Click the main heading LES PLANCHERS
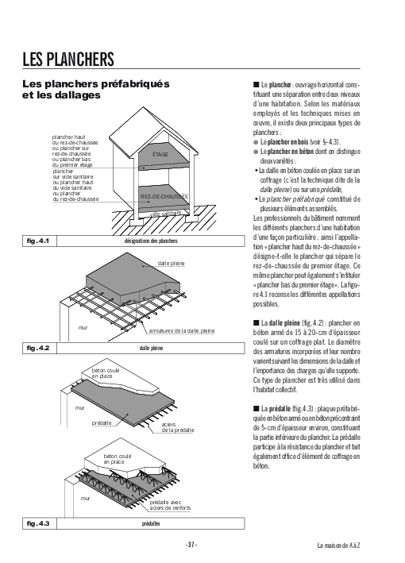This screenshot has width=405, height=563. pyautogui.click(x=68, y=60)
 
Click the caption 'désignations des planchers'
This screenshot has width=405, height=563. pyautogui.click(x=151, y=241)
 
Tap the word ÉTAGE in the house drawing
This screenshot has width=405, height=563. pyautogui.click(x=160, y=154)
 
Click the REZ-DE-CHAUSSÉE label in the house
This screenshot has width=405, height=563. pyautogui.click(x=164, y=196)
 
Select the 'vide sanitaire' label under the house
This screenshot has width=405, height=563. pyautogui.click(x=165, y=214)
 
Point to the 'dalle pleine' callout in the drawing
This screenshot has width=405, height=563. pyautogui.click(x=172, y=263)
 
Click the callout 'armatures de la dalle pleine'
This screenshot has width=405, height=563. pyautogui.click(x=182, y=330)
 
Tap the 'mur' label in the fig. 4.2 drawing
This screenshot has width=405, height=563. pyautogui.click(x=83, y=327)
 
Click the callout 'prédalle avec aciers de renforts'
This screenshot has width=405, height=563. pyautogui.click(x=170, y=505)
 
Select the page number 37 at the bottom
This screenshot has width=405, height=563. pyautogui.click(x=191, y=545)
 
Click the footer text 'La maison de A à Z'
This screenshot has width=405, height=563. pyautogui.click(x=338, y=546)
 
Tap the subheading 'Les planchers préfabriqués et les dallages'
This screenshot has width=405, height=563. pyautogui.click(x=96, y=90)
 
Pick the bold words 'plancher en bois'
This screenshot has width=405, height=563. pyautogui.click(x=288, y=142)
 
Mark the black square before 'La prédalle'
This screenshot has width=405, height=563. pyautogui.click(x=256, y=408)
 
